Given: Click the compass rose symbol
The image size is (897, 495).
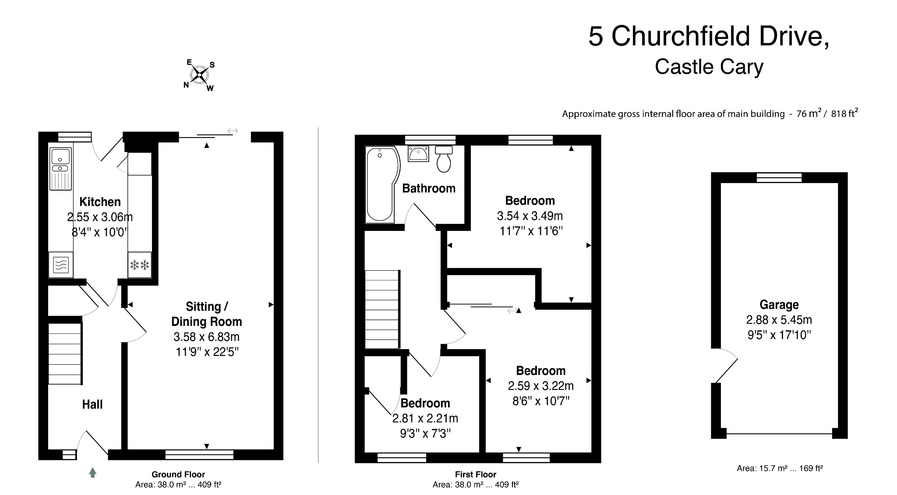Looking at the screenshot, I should (x=200, y=75).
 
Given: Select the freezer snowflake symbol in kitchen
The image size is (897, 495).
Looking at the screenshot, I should (x=140, y=265).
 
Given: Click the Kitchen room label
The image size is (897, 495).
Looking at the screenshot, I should (x=100, y=202).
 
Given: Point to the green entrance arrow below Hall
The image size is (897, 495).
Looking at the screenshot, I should (x=92, y=472).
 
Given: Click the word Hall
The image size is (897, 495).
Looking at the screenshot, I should (x=92, y=404).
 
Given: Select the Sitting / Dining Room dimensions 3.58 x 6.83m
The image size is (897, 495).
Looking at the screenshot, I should (x=206, y=337).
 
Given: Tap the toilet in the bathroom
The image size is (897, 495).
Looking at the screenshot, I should (x=444, y=159).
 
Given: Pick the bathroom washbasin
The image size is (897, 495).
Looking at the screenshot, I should (x=419, y=154).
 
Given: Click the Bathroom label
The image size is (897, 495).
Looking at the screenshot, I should (x=429, y=188).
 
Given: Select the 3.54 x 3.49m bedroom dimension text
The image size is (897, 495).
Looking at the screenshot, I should (x=530, y=216).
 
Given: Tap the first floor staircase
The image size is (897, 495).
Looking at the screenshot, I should (x=382, y=309).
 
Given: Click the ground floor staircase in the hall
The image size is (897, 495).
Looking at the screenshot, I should (x=64, y=354).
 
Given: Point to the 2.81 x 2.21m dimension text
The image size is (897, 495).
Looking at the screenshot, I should (x=425, y=418).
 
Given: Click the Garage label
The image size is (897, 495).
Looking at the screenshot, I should (x=779, y=304).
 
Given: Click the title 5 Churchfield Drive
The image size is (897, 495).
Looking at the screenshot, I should (x=708, y=36).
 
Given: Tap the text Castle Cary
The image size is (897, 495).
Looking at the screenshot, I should (x=709, y=67).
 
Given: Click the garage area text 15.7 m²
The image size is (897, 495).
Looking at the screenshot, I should (x=780, y=468).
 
